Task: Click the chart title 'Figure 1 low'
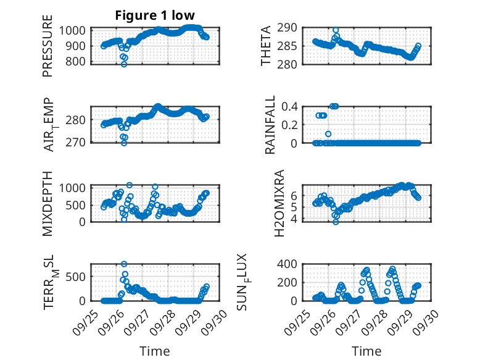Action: click(154, 16)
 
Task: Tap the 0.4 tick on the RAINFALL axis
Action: click(291, 106)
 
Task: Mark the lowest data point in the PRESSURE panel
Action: click(124, 64)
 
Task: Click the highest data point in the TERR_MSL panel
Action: click(124, 264)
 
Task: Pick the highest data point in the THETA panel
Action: click(336, 30)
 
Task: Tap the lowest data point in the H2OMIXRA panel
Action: click(336, 222)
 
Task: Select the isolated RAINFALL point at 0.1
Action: click(328, 133)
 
